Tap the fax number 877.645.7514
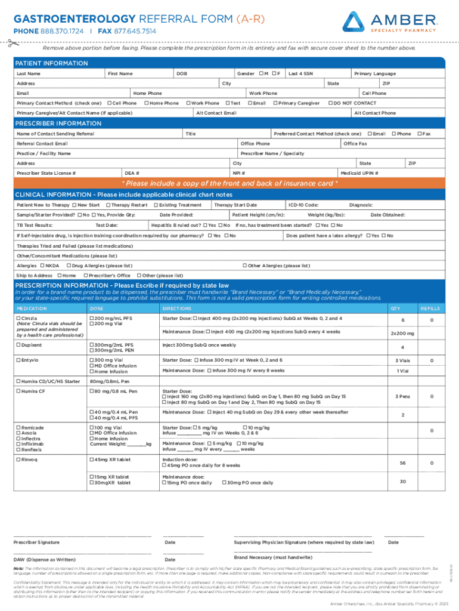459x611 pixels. [135, 30]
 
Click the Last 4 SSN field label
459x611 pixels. [301, 73]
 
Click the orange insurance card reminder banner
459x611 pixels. [229, 183]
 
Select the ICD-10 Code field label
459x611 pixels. [303, 205]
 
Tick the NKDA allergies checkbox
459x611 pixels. [42, 266]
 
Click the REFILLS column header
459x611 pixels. [430, 308]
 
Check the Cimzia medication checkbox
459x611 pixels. [18, 319]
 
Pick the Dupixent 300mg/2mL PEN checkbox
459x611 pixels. [92, 350]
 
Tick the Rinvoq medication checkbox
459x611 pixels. [18, 459]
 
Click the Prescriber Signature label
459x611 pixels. [36, 542]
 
